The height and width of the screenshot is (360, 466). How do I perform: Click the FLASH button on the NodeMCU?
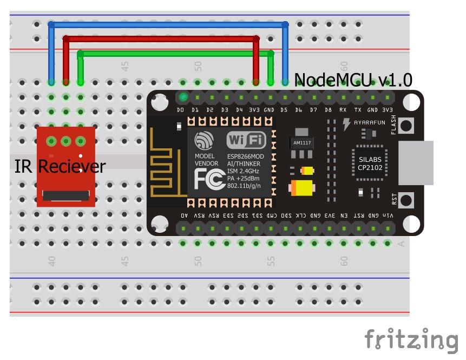[405, 126]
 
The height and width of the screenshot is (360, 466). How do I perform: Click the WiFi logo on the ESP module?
[246, 141]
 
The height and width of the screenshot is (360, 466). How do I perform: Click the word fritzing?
[411, 339]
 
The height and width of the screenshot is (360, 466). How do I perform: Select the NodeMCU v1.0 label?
[353, 81]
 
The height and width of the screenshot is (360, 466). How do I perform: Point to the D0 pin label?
[181, 110]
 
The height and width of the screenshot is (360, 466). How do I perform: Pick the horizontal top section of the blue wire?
[168, 24]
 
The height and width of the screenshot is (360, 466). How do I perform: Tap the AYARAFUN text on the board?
[369, 122]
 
